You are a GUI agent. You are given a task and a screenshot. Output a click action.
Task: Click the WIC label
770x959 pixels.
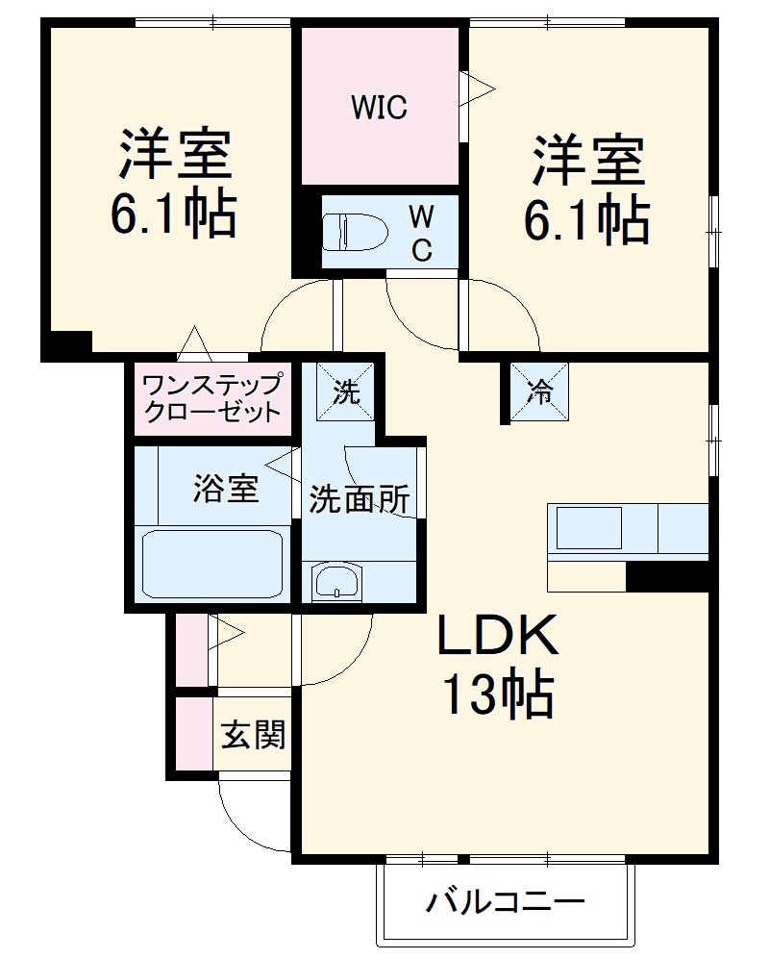(379, 107)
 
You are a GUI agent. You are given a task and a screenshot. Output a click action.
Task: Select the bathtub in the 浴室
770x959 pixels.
(212, 564)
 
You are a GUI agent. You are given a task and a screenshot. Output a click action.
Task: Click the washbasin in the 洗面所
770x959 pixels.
(335, 581)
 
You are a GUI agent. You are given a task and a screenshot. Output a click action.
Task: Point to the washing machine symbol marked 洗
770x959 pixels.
(346, 391)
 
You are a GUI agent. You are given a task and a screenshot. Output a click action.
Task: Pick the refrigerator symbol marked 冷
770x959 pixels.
(539, 391)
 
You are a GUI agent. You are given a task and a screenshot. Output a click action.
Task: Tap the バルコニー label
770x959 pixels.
(506, 904)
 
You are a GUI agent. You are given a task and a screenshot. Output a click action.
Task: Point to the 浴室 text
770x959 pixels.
(226, 489)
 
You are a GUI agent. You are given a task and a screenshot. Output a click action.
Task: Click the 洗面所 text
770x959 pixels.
(359, 499)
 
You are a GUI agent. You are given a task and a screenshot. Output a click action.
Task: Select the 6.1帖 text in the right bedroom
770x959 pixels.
(586, 222)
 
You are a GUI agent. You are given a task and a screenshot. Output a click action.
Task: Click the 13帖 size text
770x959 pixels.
(497, 694)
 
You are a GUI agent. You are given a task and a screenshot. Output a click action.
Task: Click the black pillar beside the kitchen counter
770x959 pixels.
(667, 575)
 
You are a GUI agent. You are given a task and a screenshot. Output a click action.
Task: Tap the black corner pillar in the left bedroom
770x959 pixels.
(66, 343)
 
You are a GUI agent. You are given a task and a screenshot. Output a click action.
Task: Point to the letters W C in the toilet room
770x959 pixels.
(422, 231)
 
